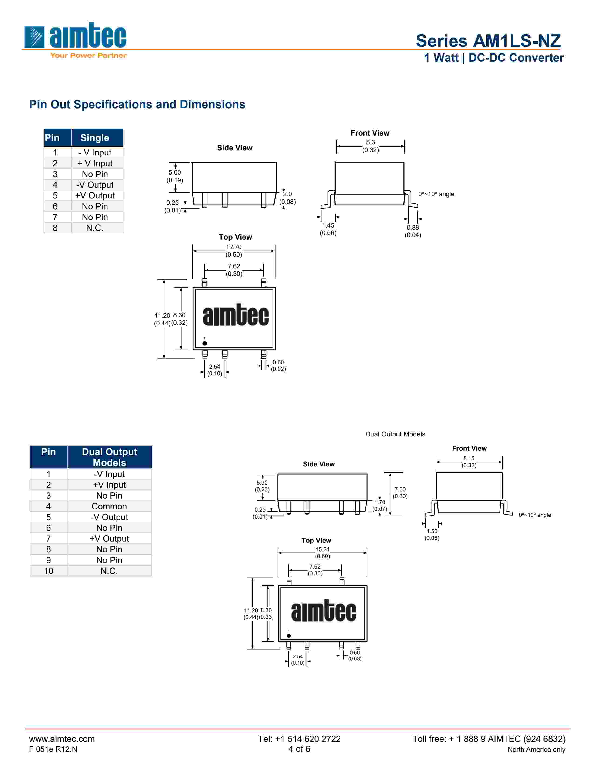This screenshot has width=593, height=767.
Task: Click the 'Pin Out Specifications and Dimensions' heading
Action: (137, 104)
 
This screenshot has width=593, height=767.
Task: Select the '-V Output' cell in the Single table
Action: (95, 185)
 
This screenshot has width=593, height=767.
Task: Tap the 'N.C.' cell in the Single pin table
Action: (95, 228)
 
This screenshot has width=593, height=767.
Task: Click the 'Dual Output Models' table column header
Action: (109, 457)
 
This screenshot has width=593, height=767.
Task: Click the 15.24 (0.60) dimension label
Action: (322, 552)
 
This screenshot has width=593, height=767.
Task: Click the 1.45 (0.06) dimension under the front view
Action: (328, 229)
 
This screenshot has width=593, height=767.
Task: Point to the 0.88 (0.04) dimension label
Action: (413, 231)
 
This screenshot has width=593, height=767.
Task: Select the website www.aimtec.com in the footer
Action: (62, 739)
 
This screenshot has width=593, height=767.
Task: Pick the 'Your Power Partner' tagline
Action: (88, 55)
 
